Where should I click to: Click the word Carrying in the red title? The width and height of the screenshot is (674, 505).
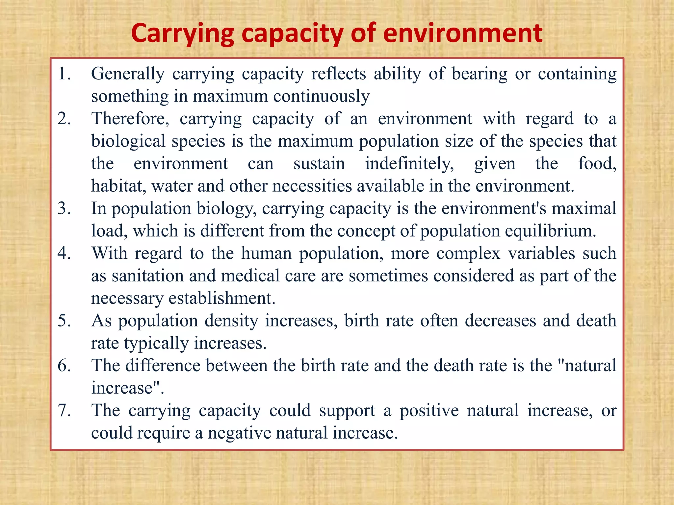(182, 34)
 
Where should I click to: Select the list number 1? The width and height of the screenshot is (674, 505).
(64, 74)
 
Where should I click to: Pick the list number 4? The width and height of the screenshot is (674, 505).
(64, 253)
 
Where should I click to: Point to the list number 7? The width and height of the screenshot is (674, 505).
(64, 410)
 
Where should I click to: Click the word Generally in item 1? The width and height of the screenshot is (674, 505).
(128, 74)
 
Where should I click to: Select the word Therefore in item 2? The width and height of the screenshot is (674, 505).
(130, 118)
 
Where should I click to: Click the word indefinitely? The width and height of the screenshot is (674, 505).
(409, 163)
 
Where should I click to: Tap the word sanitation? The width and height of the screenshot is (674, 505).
(147, 276)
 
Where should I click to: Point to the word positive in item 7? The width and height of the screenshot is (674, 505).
(429, 410)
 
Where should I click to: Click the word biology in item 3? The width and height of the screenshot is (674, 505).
(226, 208)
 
